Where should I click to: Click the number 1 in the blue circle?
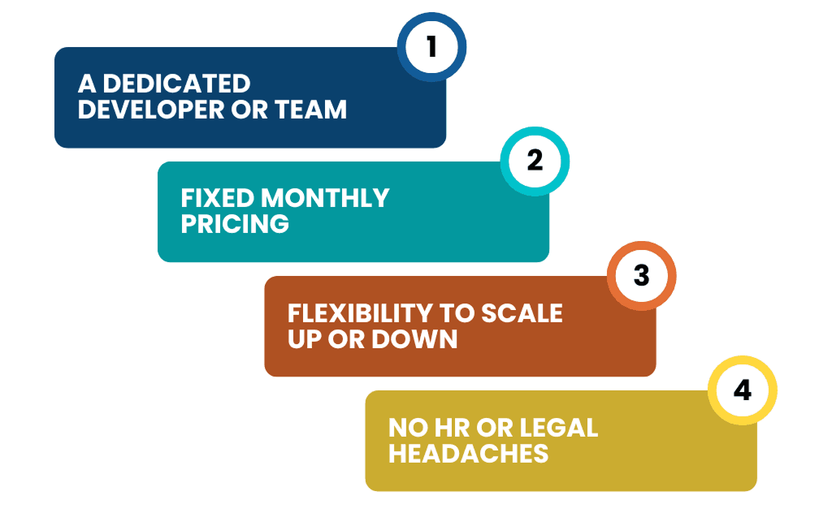point(432,46)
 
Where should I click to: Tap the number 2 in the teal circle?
point(535,161)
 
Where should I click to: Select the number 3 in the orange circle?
point(642,275)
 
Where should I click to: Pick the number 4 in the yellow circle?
point(743,390)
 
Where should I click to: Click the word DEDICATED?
point(176,84)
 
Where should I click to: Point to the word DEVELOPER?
point(151,110)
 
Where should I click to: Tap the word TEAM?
point(311,110)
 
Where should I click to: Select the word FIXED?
point(218,198)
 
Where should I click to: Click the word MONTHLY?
point(325,198)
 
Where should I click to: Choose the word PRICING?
point(235,224)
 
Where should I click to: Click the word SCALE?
point(522,313)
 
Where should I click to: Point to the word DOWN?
point(414,339)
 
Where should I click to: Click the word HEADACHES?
point(469,454)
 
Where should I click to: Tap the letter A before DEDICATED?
point(87,84)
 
